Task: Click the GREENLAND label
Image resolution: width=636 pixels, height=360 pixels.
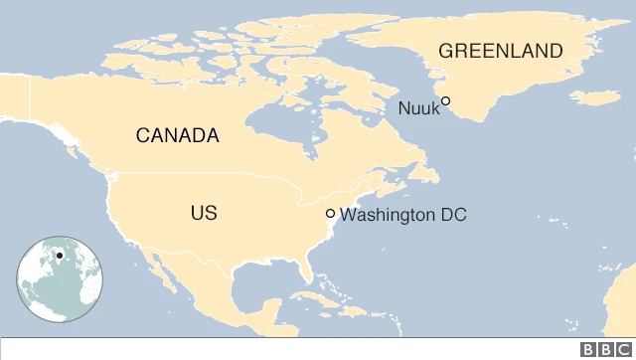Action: [501, 51]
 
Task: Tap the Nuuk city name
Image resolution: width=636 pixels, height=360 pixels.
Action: [417, 107]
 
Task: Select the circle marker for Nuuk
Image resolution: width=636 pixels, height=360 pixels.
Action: [446, 100]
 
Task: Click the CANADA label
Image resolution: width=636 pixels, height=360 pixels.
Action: [177, 136]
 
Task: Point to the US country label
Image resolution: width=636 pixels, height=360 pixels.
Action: [204, 213]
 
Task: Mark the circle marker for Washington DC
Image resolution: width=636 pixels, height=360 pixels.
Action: [330, 214]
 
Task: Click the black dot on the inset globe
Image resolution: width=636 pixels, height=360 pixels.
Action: [60, 256]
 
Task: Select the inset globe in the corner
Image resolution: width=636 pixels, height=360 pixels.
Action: [59, 280]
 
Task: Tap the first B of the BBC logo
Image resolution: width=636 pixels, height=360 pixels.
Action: [588, 349]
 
